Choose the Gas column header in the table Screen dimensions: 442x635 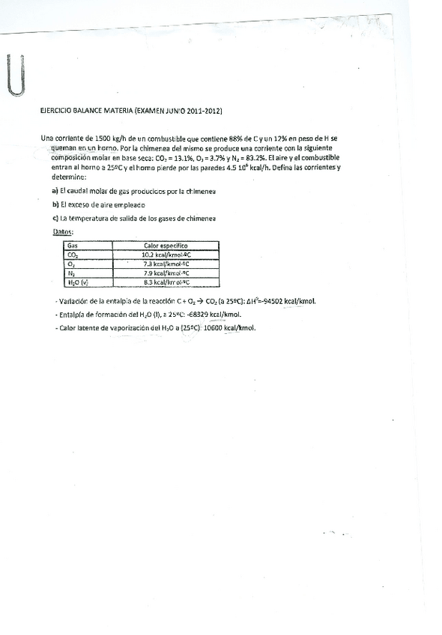[x=73, y=245]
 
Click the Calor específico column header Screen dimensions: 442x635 [x=166, y=245]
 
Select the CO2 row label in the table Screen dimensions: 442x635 [x=73, y=255]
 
